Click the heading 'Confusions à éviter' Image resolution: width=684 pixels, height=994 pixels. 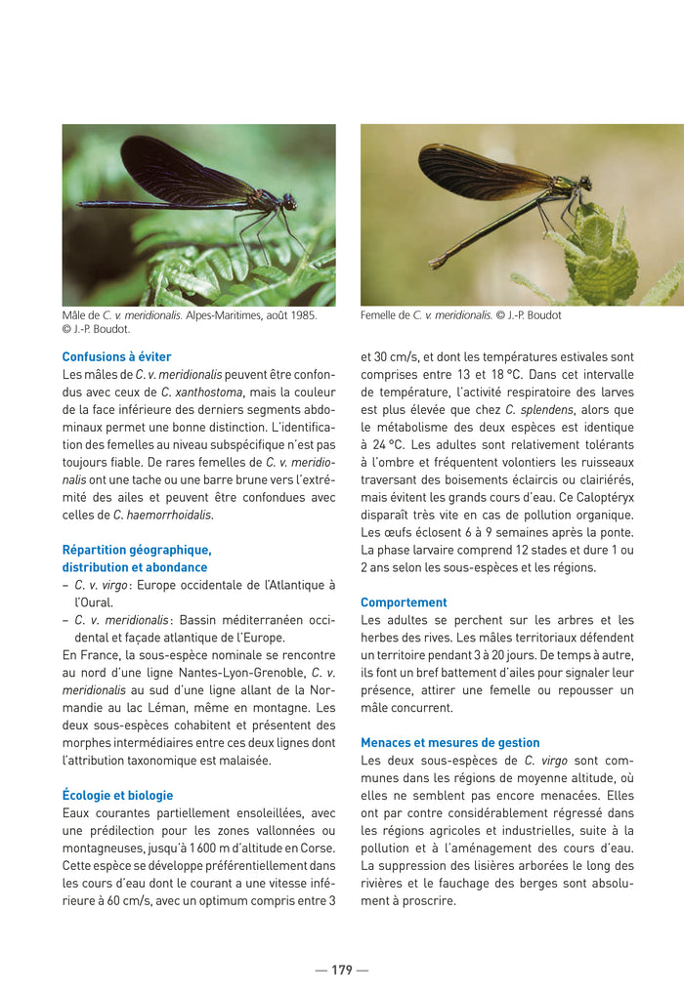point(116,357)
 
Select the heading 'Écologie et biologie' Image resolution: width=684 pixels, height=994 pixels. point(117,796)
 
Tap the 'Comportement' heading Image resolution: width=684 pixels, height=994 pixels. point(404,602)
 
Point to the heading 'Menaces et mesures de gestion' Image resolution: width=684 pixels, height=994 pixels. point(449,743)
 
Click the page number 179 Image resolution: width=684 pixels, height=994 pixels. point(341,970)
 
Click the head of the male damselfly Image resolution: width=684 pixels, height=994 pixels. point(289,201)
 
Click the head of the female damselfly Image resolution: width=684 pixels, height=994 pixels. point(585,183)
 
